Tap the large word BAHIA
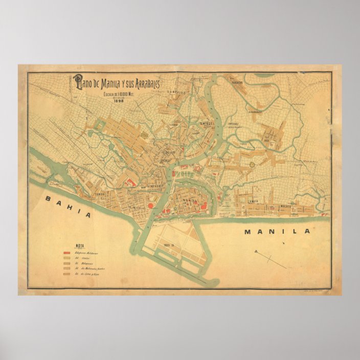click(x=67, y=207)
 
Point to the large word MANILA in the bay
click(x=277, y=232)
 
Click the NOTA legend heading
click(x=80, y=245)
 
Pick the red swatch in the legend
click(x=67, y=253)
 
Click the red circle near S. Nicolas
click(x=151, y=205)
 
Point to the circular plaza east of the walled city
click(x=251, y=165)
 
